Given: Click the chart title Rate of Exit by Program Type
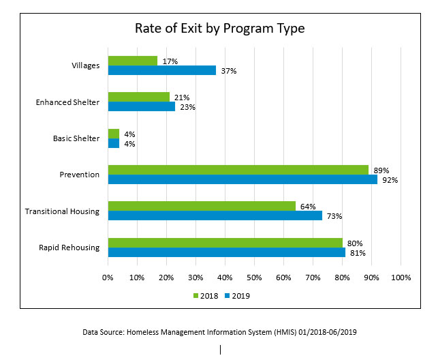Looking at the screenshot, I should coord(219,29).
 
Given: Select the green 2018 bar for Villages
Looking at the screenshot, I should coord(133,61).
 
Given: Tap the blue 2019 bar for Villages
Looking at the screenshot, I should coord(162,70).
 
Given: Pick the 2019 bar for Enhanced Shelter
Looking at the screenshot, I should coord(142,106).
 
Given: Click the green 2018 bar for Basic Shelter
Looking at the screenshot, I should coord(114,134).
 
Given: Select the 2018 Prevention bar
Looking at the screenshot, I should coord(238,170).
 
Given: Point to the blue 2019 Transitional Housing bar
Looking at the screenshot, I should coord(215,215).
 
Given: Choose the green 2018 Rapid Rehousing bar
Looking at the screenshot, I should coord(225,243).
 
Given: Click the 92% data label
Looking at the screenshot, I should coord(390,180).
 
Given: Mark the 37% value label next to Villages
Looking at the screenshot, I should coord(228,71).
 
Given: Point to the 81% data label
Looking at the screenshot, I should coord(358,253).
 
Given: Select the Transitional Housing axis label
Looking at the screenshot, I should coord(62,211).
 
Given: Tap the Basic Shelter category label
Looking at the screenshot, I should coord(76,138).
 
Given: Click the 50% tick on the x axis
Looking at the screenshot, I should coord(254,277).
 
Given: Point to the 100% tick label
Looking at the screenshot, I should coord(401,277).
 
